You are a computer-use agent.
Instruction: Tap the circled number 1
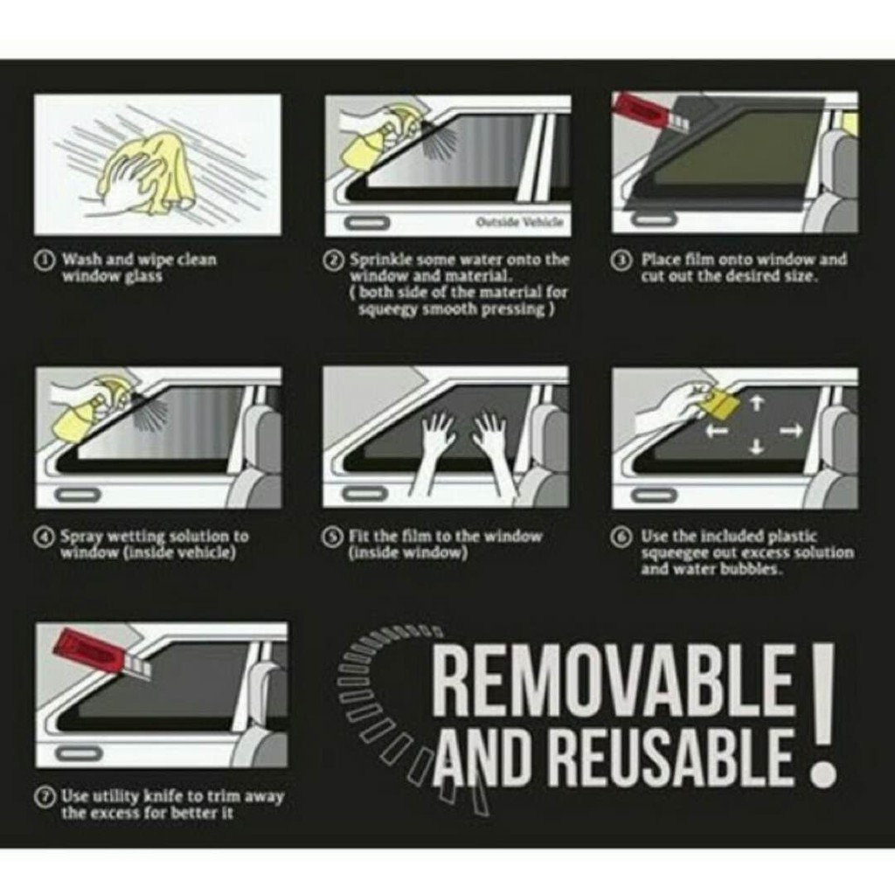pyautogui.click(x=43, y=260)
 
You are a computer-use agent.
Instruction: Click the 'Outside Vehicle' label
pyautogui.click(x=520, y=222)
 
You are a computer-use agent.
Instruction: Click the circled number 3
pyautogui.click(x=621, y=260)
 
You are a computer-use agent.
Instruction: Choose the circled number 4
pyautogui.click(x=43, y=538)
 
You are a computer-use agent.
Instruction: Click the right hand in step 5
pyautogui.click(x=495, y=454)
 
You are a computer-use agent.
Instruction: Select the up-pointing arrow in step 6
pyautogui.click(x=756, y=404)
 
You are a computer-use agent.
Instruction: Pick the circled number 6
pyautogui.click(x=621, y=538)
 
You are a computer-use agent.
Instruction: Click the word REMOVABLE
pyautogui.click(x=614, y=679)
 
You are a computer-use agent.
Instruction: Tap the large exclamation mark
pyautogui.click(x=822, y=713)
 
